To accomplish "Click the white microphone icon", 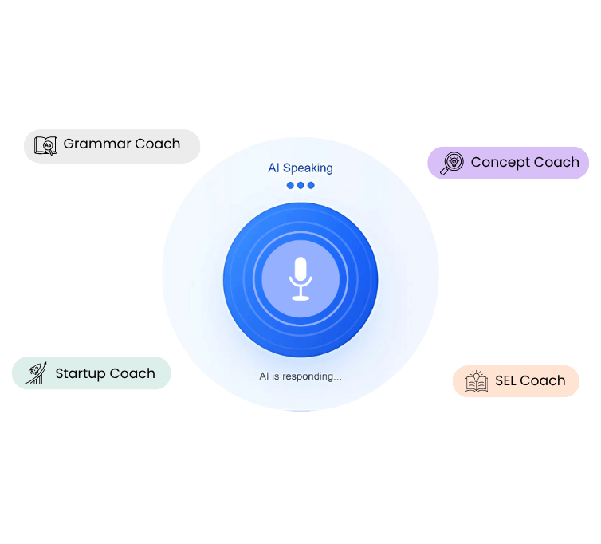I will tap(300, 278).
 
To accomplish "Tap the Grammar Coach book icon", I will tap(46, 145).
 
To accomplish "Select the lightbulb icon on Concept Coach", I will tap(452, 162).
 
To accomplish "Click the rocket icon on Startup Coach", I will tap(35, 373).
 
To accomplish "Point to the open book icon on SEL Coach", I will tap(476, 381).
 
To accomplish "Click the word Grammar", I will tap(96, 144).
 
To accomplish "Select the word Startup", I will tap(78, 373).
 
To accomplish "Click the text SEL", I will tap(506, 380).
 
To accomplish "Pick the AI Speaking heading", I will tap(300, 168).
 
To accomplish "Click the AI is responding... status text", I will tap(300, 376).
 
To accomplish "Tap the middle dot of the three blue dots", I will tap(300, 185).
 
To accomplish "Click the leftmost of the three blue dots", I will tap(291, 185).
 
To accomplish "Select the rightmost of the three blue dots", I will tap(311, 185).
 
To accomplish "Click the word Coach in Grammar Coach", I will tap(157, 144).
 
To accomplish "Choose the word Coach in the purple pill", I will tap(556, 162).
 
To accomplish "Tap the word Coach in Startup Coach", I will tap(132, 373).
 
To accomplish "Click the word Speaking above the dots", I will tap(308, 168).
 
